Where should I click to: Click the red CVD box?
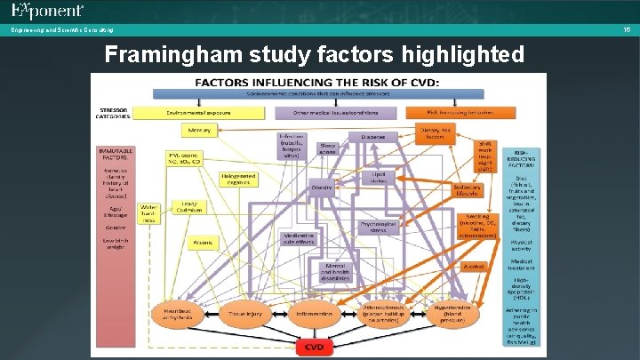(315, 346)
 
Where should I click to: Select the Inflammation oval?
(315, 313)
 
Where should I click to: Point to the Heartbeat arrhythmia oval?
(179, 313)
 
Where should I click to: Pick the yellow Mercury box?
(200, 130)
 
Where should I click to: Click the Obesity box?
(322, 188)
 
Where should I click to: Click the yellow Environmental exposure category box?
(200, 113)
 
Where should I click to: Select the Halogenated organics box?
(239, 180)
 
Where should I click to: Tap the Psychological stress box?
(378, 228)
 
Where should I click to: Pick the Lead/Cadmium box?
(189, 206)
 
